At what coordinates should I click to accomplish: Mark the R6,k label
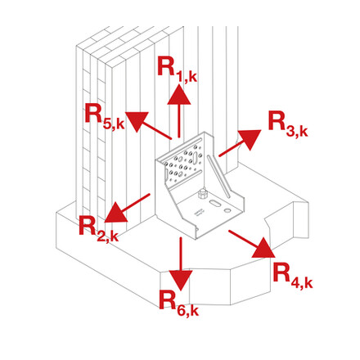179,302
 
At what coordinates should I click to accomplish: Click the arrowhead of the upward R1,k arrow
179,95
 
